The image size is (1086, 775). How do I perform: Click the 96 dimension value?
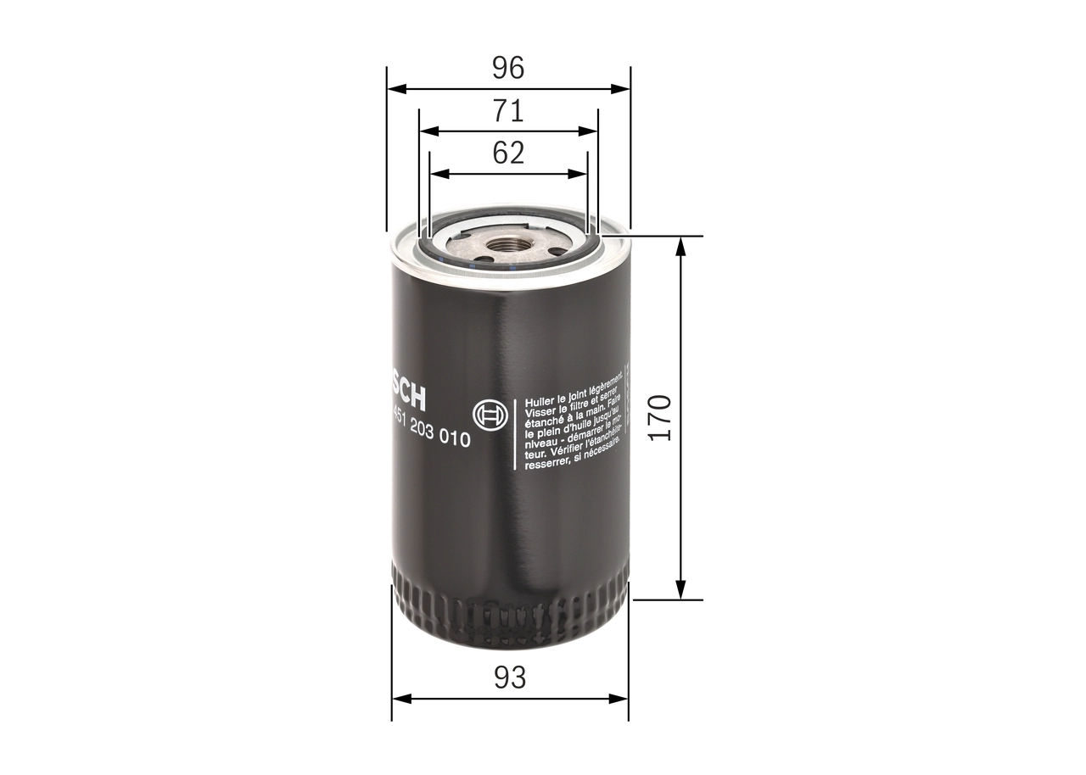[x=509, y=68]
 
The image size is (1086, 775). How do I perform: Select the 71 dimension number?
[x=509, y=111]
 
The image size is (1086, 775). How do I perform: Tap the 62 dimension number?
[x=509, y=153]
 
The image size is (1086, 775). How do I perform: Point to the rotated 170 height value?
[x=660, y=416]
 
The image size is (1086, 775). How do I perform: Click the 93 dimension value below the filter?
[x=509, y=677]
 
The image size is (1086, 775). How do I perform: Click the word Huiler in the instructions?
[x=540, y=399]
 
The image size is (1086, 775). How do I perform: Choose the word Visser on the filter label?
[x=541, y=410]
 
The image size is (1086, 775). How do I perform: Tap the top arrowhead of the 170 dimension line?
[x=680, y=244]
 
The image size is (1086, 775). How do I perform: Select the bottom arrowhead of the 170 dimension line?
[x=680, y=591]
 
